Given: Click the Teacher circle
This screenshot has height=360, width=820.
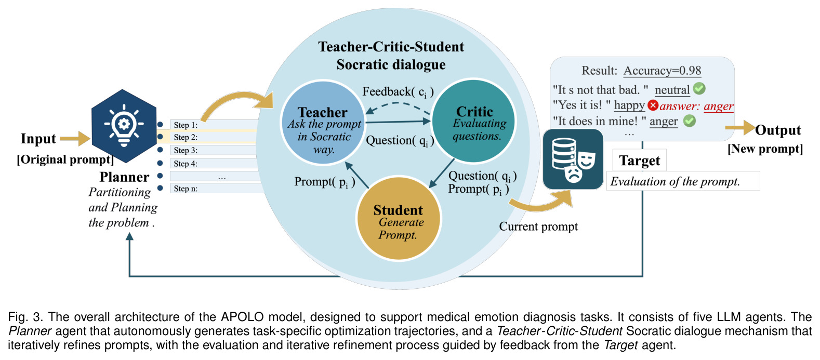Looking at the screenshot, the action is click(323, 123).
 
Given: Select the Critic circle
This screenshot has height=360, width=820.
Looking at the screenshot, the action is click(474, 121).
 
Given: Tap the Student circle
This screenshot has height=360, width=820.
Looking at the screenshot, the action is click(399, 218).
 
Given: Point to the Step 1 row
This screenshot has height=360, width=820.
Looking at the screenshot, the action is click(214, 125).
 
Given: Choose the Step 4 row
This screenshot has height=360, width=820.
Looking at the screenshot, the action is click(214, 163).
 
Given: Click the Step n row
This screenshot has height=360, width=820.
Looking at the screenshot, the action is click(216, 189).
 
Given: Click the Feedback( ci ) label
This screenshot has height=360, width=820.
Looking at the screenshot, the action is click(398, 92).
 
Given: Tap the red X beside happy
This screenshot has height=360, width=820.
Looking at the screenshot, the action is click(653, 105).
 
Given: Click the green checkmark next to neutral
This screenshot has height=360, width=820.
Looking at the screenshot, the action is click(699, 88).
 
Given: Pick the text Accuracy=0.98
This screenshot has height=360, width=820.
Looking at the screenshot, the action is click(662, 70).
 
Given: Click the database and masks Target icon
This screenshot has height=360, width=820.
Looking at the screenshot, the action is click(573, 159).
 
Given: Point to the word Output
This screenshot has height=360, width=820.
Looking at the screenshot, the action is click(778, 130).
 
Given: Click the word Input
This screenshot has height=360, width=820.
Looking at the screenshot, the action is click(38, 139).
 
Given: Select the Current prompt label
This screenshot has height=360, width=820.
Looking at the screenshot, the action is click(538, 226).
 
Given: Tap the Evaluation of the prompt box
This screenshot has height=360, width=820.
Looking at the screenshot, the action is click(683, 181).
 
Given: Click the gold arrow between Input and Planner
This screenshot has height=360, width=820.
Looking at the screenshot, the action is click(75, 138).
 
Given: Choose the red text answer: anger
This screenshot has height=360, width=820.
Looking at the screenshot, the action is click(696, 106).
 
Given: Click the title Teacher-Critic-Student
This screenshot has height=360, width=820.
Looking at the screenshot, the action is click(391, 47).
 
